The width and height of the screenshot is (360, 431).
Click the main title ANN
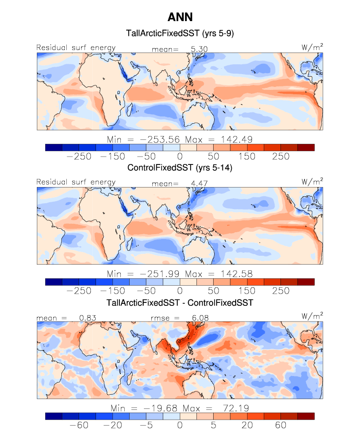click(180, 17)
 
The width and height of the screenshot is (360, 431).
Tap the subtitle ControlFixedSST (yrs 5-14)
click(180, 168)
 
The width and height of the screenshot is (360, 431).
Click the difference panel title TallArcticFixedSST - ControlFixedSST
click(180, 303)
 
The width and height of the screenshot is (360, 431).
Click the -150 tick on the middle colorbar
click(111, 290)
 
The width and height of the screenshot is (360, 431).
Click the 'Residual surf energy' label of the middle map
click(76, 182)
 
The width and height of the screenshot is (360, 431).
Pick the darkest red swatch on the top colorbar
click(305, 147)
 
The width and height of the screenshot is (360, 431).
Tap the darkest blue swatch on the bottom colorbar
click(54, 416)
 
